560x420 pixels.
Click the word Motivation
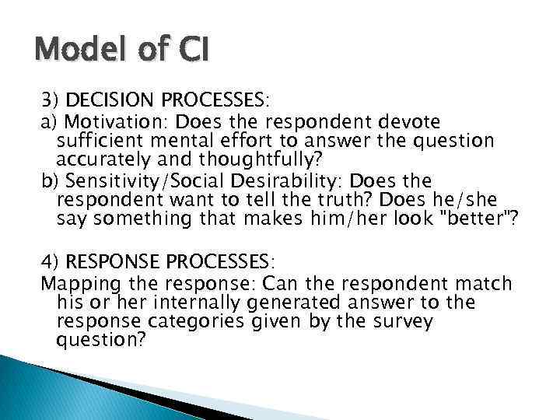click(x=117, y=122)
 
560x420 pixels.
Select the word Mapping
click(x=75, y=283)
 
